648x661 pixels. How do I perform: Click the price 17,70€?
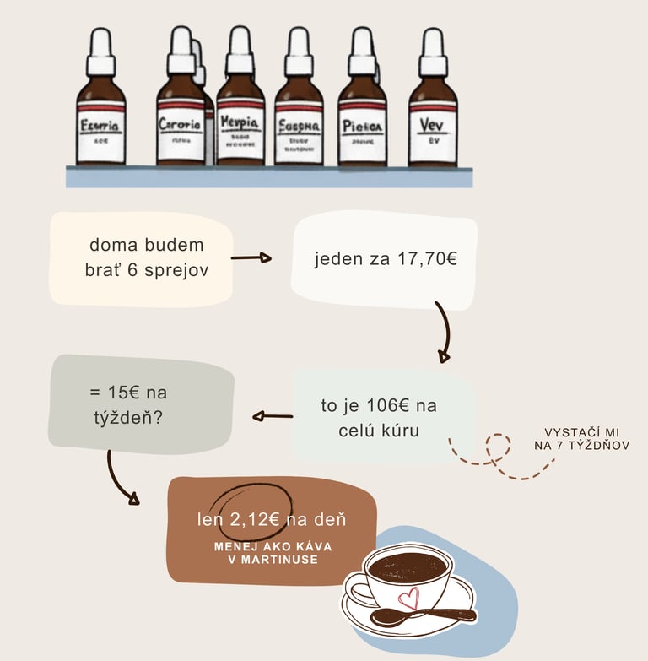tap(427, 258)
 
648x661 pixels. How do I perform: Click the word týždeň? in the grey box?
tap(125, 416)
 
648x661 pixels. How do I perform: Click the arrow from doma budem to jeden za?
tap(251, 257)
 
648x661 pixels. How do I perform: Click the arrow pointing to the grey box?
tap(272, 415)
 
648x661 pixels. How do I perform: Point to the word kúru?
tap(399, 430)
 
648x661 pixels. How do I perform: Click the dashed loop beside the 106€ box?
tap(499, 451)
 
